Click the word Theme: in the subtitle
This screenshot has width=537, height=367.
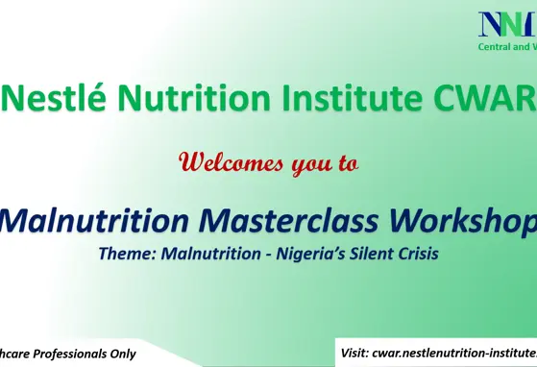point(128,255)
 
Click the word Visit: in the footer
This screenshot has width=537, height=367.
point(358,353)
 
